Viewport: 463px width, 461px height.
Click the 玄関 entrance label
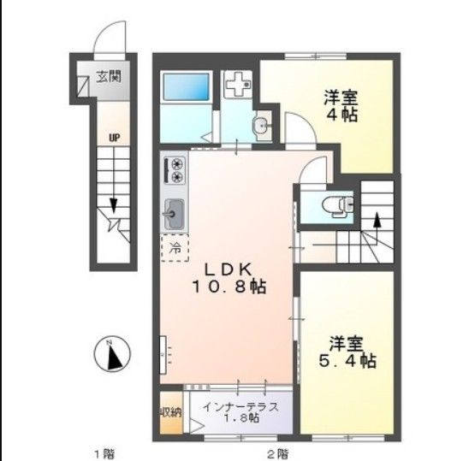click(x=109, y=76)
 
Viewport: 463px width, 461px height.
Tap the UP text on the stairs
click(x=113, y=135)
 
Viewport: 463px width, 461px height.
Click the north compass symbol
click(x=111, y=354)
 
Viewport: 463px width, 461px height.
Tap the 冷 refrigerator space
click(x=175, y=249)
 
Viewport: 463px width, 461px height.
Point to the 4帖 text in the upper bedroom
click(x=340, y=115)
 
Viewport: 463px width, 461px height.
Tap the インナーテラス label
click(x=240, y=406)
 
